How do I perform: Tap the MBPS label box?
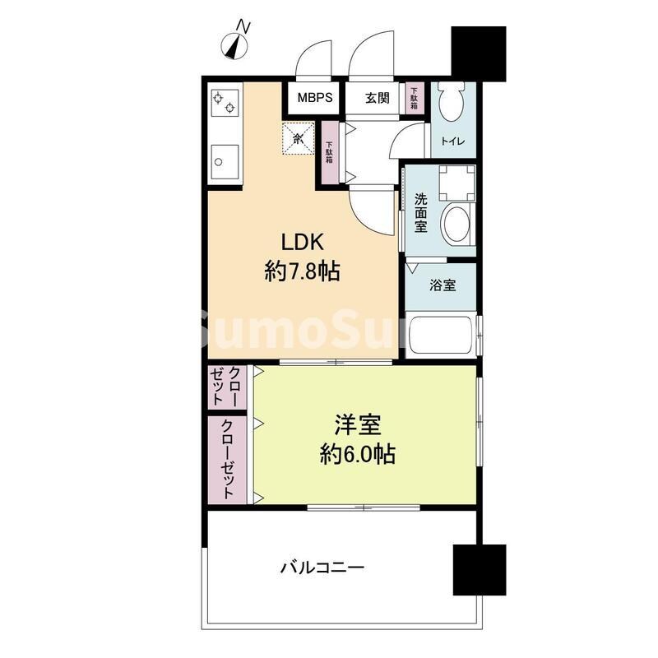(x=314, y=98)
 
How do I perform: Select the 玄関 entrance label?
(x=378, y=98)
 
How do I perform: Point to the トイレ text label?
(x=452, y=141)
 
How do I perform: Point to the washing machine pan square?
(x=456, y=182)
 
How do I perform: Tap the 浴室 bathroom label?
(x=443, y=285)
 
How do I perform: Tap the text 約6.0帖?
(x=357, y=453)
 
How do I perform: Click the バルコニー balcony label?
(x=322, y=567)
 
